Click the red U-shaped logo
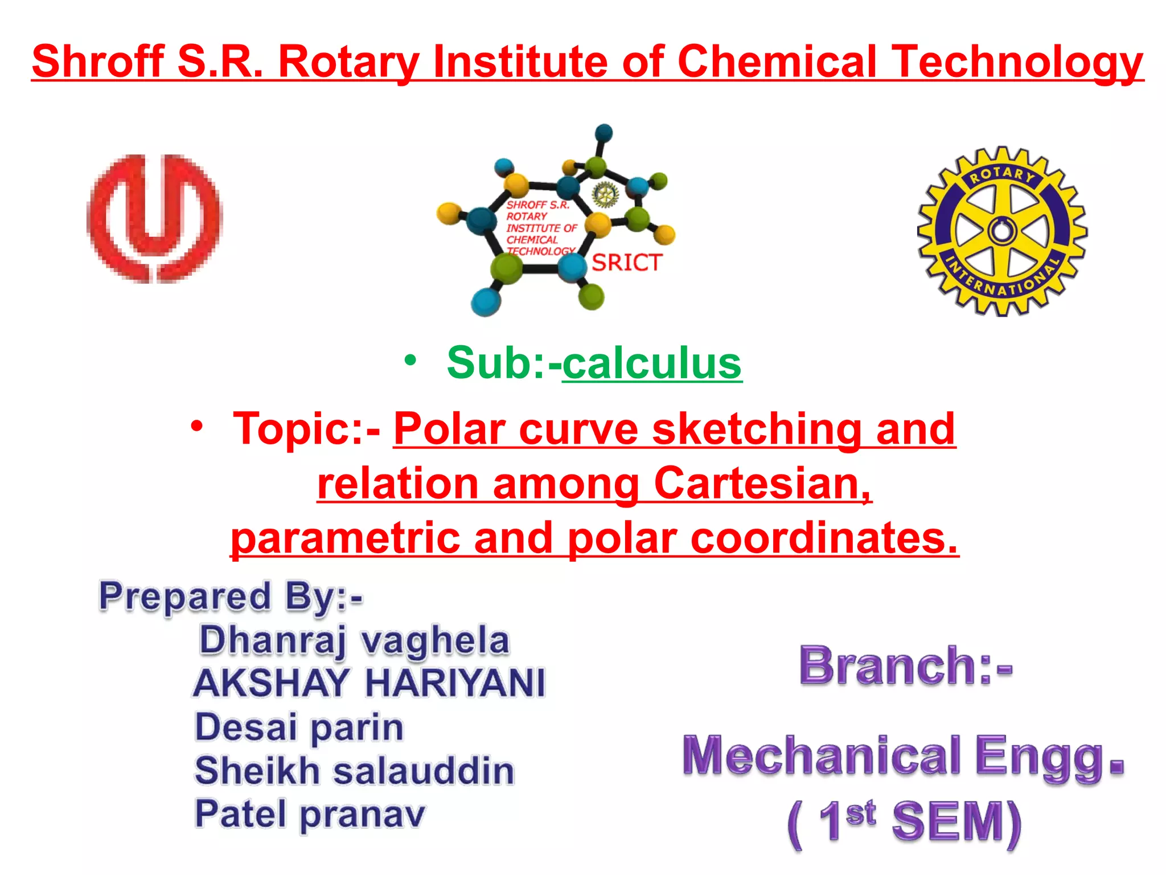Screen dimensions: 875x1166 click(154, 219)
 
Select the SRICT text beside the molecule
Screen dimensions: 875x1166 click(627, 263)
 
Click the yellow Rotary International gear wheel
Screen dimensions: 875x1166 click(1002, 231)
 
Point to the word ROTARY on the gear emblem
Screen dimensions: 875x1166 click(1002, 174)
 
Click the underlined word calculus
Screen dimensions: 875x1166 click(652, 363)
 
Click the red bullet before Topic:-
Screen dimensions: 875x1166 click(197, 426)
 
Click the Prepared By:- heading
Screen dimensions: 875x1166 click(231, 597)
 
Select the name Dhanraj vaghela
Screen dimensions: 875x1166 click(354, 640)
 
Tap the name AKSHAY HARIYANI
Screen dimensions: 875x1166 click(369, 682)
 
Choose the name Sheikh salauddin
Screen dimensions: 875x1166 click(354, 770)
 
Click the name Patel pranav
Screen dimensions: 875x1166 click(310, 813)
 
